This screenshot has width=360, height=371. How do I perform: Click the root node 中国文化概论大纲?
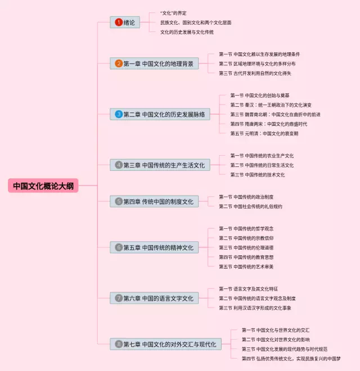coord(43,185)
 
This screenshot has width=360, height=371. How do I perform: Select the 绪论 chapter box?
coord(125,22)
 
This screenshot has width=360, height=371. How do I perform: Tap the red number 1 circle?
coord(118,22)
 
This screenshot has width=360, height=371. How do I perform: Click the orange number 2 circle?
coord(118,64)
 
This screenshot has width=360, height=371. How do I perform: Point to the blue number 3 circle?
coord(118,114)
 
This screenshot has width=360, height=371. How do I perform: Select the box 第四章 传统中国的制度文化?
coord(154,201)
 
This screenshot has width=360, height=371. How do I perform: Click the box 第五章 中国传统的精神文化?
coord(154,247)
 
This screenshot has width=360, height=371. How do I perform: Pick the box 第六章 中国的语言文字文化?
coord(154,297)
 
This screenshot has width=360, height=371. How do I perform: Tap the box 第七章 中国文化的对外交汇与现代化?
coord(165,343)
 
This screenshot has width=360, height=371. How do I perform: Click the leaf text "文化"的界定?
coord(173,13)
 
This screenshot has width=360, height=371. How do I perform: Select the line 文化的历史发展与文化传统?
coord(187,32)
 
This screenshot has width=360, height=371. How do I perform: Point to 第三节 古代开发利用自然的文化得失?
coord(255,73)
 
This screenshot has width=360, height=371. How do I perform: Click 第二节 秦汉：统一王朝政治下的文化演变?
coord(271,105)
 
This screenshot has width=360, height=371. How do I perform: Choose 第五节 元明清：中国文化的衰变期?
coord(264,133)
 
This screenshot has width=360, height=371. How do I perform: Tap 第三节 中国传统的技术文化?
coord(257,174)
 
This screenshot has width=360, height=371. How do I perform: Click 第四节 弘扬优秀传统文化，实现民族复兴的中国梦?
coord(291,358)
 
